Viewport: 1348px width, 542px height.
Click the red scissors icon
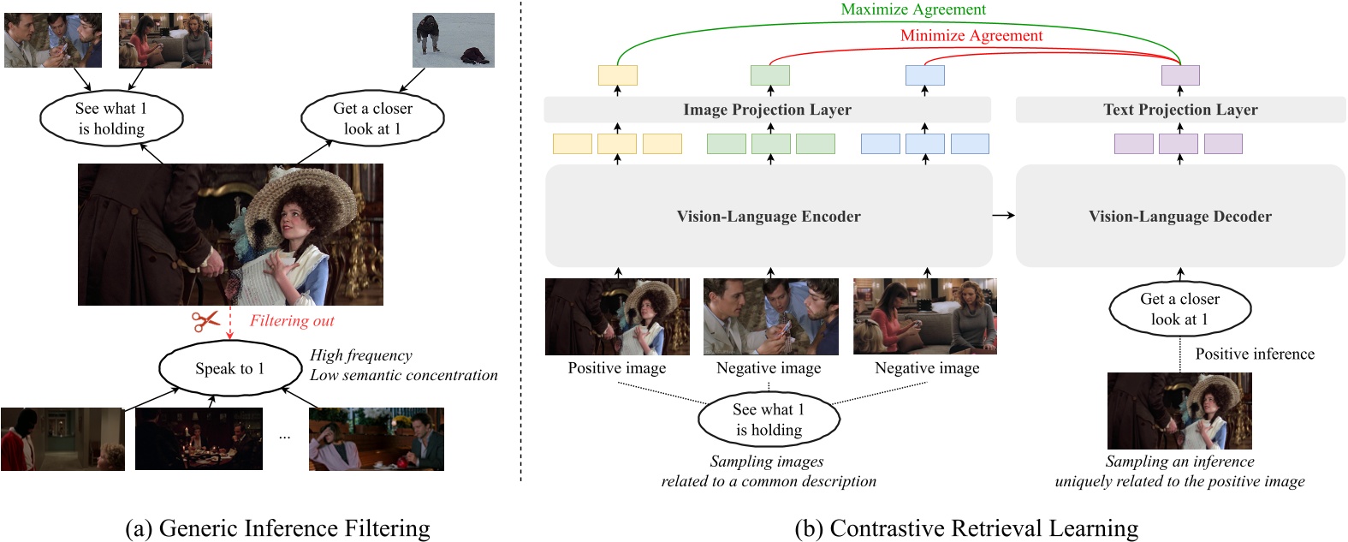[x=205, y=321]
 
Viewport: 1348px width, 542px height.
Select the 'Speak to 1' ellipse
[x=229, y=369]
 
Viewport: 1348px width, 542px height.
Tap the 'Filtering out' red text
[x=292, y=321]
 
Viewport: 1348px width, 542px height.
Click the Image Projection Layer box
[x=767, y=110]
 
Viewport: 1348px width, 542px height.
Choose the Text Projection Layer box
[x=1179, y=110]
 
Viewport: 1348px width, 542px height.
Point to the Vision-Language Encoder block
[x=769, y=217]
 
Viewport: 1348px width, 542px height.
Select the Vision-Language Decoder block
[x=1179, y=217]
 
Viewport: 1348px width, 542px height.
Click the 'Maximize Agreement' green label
[x=913, y=9]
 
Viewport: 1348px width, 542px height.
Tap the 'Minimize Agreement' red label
[x=971, y=36]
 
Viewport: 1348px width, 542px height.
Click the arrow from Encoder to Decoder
[x=1003, y=216]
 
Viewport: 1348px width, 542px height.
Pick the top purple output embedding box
[x=1180, y=75]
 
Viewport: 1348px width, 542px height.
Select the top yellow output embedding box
[x=617, y=75]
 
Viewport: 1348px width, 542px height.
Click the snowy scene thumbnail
[x=453, y=40]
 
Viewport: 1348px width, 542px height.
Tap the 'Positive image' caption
[x=616, y=368]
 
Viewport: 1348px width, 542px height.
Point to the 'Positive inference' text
[x=1255, y=354]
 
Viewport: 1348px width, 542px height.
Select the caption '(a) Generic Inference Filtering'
[x=277, y=528]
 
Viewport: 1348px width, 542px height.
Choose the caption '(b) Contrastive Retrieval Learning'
[x=966, y=528]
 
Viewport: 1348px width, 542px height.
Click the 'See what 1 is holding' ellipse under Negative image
[x=769, y=420]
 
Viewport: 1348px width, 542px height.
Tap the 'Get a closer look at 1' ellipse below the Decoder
[x=1179, y=309]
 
